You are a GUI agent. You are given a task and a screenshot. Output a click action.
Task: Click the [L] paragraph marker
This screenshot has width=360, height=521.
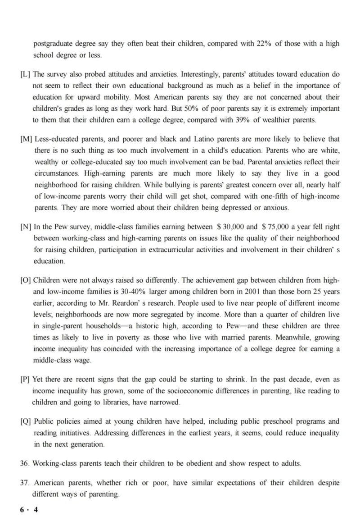coord(25,74)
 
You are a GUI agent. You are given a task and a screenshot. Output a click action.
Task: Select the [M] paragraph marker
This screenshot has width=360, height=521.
coord(26,139)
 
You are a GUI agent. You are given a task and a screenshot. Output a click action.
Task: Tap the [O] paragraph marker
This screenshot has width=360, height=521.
coord(26,280)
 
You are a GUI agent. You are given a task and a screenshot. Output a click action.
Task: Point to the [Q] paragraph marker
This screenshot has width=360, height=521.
coord(26,421)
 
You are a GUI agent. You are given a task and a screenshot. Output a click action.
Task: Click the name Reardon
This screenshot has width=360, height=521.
coord(119,303)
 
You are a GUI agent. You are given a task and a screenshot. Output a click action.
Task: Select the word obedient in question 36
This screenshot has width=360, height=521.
coord(192,463)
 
